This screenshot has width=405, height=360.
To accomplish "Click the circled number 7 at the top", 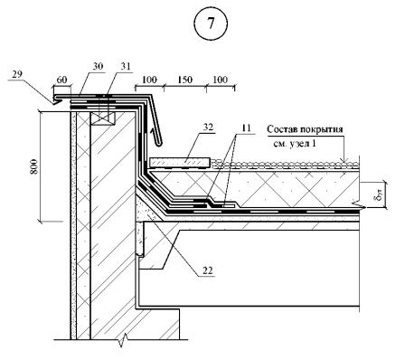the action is (x=211, y=24).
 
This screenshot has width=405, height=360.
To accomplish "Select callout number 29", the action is (x=17, y=73).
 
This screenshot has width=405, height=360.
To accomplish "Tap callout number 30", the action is (x=98, y=66).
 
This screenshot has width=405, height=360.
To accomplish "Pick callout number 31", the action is (x=126, y=66).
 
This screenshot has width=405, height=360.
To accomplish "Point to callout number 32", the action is (x=208, y=128).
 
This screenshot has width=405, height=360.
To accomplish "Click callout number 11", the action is (x=246, y=128).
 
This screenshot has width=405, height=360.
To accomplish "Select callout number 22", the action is (x=208, y=270).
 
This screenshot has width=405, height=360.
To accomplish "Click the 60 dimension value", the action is (x=61, y=80).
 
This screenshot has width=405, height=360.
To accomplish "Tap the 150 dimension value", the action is (x=184, y=80).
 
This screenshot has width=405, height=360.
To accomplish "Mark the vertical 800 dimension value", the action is (x=34, y=166).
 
